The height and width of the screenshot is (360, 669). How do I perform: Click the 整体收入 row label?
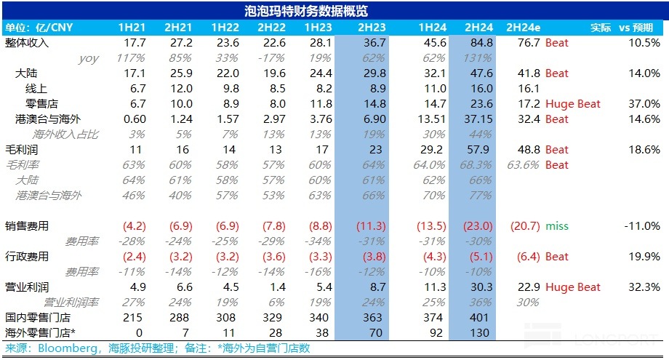point(27,43)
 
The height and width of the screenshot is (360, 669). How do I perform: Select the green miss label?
point(557,226)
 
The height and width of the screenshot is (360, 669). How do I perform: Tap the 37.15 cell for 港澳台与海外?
point(476,119)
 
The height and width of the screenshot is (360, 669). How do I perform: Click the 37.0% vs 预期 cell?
point(645,104)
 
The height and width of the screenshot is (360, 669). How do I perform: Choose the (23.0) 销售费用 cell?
point(477,226)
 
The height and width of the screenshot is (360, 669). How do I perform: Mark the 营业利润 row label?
point(27,287)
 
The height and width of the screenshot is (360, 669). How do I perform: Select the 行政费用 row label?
point(27,257)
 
